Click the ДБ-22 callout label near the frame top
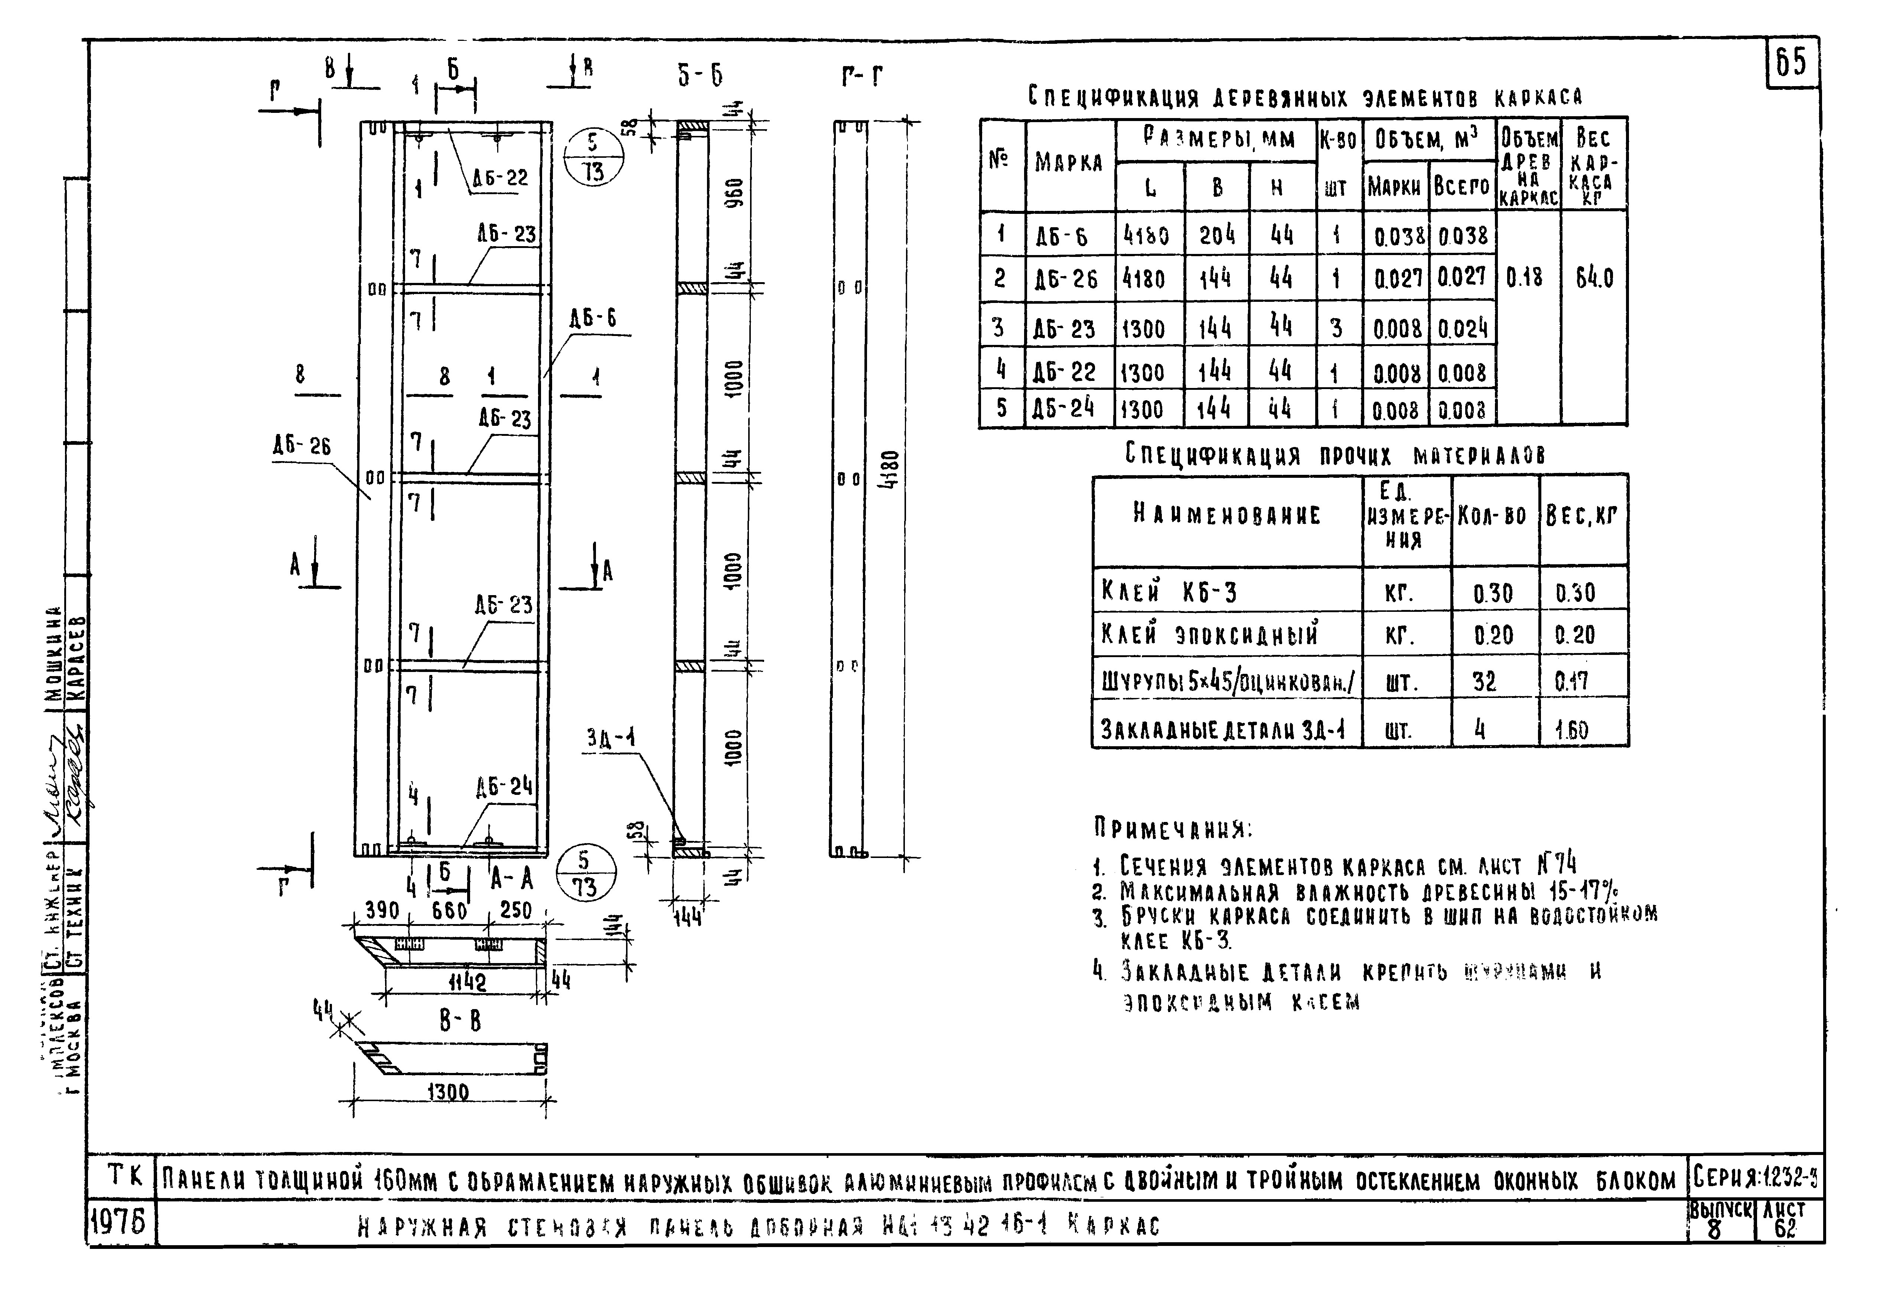(501, 178)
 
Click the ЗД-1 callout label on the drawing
(610, 738)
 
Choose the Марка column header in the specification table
(1069, 163)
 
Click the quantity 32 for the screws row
(1484, 682)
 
